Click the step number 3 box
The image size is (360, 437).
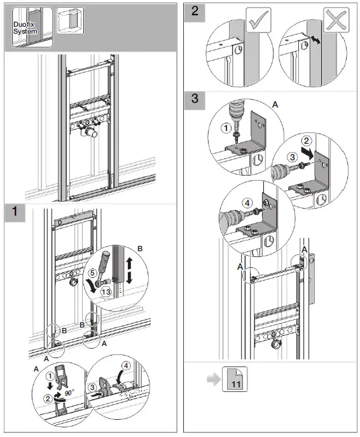pos(195,100)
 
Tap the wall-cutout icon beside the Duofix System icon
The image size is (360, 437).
pos(69,21)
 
